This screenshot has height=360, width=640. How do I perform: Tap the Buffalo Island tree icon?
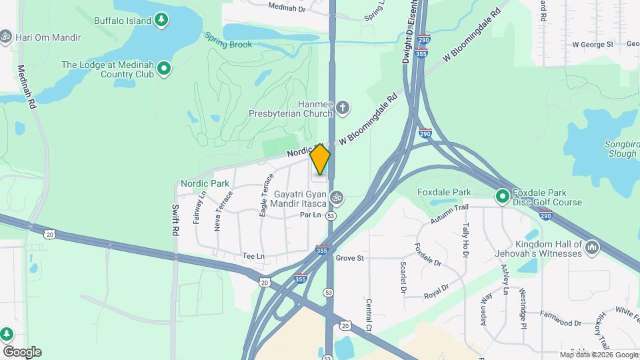(x=161, y=21)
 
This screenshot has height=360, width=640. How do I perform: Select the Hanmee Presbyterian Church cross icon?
(x=343, y=107)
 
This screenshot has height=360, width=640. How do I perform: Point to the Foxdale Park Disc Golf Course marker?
(x=502, y=197)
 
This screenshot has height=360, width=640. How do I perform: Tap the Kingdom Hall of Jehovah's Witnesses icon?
(x=591, y=249)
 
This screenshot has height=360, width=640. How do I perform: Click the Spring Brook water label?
(x=228, y=45)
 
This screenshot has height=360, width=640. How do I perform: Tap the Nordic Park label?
(x=205, y=183)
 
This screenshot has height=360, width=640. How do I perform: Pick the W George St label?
(x=593, y=45)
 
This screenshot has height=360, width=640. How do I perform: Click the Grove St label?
(x=349, y=257)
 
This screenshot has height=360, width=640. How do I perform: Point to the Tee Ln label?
(x=253, y=256)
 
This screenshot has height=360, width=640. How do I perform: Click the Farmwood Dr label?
(x=561, y=323)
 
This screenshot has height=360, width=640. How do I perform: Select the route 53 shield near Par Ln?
(x=330, y=216)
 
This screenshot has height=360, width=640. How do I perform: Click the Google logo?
(x=21, y=351)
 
